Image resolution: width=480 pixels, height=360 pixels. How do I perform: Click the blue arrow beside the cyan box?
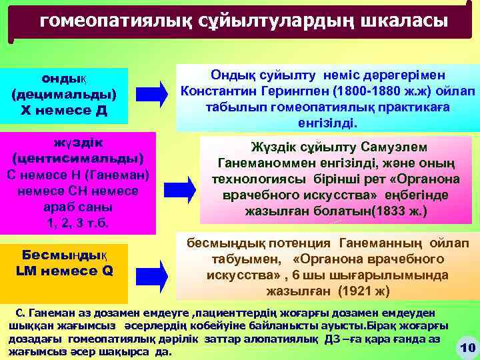[155, 91]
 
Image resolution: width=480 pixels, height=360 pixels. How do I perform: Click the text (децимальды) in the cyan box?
[64, 93]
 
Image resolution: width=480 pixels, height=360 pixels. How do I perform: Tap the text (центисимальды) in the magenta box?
[78, 159]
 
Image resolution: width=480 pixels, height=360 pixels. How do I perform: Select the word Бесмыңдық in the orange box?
[64, 255]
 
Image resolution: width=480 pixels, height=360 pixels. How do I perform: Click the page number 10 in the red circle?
[467, 347]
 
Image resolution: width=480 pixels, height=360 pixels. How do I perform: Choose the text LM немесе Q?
[64, 271]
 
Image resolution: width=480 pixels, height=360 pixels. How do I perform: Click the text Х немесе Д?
[64, 109]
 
